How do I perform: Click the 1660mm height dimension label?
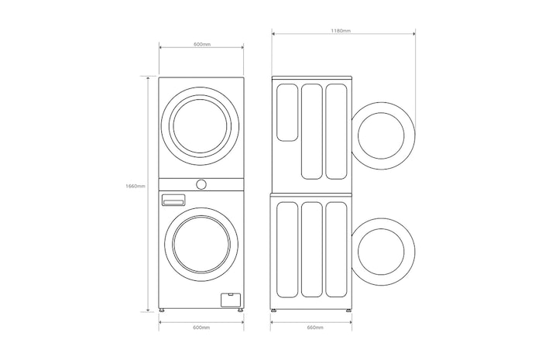[135, 186]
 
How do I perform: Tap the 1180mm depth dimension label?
[341, 30]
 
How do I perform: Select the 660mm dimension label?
[315, 327]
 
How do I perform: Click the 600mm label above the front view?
[202, 44]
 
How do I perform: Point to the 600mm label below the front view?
[201, 327]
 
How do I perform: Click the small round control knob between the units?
[201, 184]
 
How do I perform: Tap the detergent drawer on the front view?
[173, 200]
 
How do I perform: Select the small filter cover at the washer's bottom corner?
[231, 300]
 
